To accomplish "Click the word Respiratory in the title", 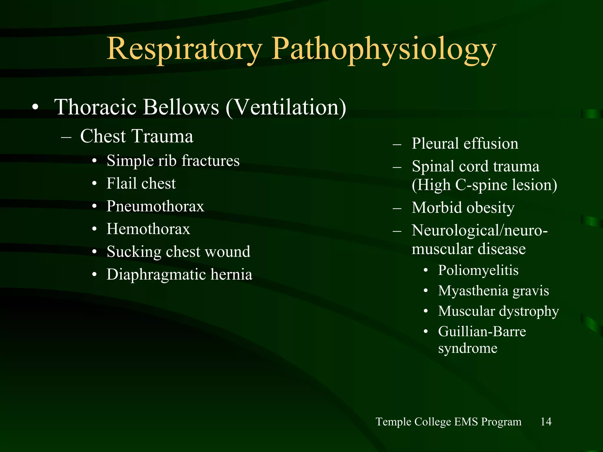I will pyautogui.click(x=184, y=49).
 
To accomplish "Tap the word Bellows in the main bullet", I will pyautogui.click(x=181, y=107).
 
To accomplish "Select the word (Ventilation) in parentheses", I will pyautogui.click(x=286, y=107).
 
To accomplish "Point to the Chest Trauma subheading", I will pyautogui.click(x=137, y=136).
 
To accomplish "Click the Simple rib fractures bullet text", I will pyautogui.click(x=173, y=161).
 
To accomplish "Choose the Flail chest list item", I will pyautogui.click(x=141, y=183).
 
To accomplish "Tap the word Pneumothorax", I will pyautogui.click(x=155, y=206).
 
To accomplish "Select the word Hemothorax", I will pyautogui.click(x=148, y=229).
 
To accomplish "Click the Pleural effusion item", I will pyautogui.click(x=465, y=144).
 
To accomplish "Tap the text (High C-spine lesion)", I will pyautogui.click(x=484, y=185).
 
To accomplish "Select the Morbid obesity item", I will pyautogui.click(x=463, y=208).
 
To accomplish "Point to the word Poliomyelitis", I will pyautogui.click(x=478, y=270).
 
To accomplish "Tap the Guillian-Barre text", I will pyautogui.click(x=482, y=331).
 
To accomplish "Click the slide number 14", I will pyautogui.click(x=546, y=421).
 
